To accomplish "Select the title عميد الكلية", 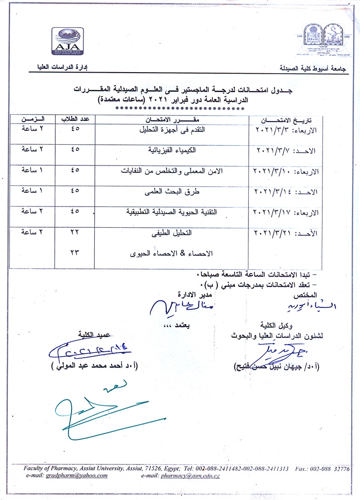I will click(89, 333).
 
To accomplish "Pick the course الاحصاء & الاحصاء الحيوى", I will click(170, 253).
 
